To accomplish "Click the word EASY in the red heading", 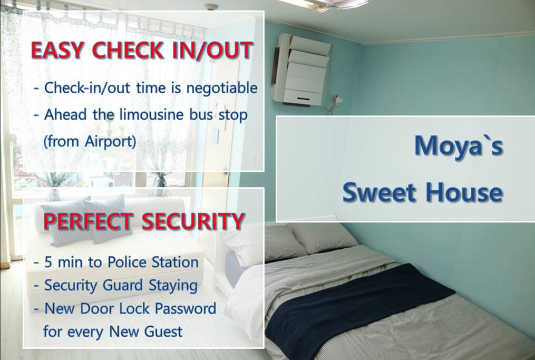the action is [x=57, y=51].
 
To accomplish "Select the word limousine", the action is [x=151, y=114].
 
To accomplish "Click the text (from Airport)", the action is [x=90, y=141].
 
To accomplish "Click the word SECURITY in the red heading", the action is [x=193, y=221].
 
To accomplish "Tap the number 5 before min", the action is [x=48, y=262].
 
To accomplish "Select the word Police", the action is [x=127, y=262].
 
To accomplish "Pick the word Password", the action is [x=185, y=308].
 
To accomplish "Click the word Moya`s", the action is [x=459, y=145].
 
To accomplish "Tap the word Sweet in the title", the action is [x=380, y=192].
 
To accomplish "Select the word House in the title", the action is [x=464, y=192].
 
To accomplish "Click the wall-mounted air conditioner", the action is [x=301, y=69].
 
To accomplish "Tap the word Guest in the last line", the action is [x=163, y=332].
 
